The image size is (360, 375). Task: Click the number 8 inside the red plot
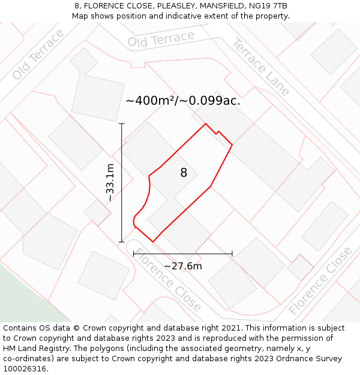(184, 173)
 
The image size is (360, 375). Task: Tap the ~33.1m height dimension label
(110, 183)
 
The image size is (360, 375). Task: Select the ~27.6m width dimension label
(183, 266)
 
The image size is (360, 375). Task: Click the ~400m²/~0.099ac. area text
(183, 101)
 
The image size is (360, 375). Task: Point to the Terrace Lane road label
(261, 67)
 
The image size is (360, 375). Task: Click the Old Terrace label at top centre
(161, 40)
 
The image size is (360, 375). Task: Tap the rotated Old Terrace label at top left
(38, 54)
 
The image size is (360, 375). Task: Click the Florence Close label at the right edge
(321, 281)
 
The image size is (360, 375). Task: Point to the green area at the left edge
(12, 294)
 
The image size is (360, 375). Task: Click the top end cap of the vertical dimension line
(122, 124)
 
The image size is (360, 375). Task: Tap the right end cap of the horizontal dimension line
(232, 254)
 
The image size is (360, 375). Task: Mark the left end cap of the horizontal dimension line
(133, 254)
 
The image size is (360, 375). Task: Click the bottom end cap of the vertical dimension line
(122, 242)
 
